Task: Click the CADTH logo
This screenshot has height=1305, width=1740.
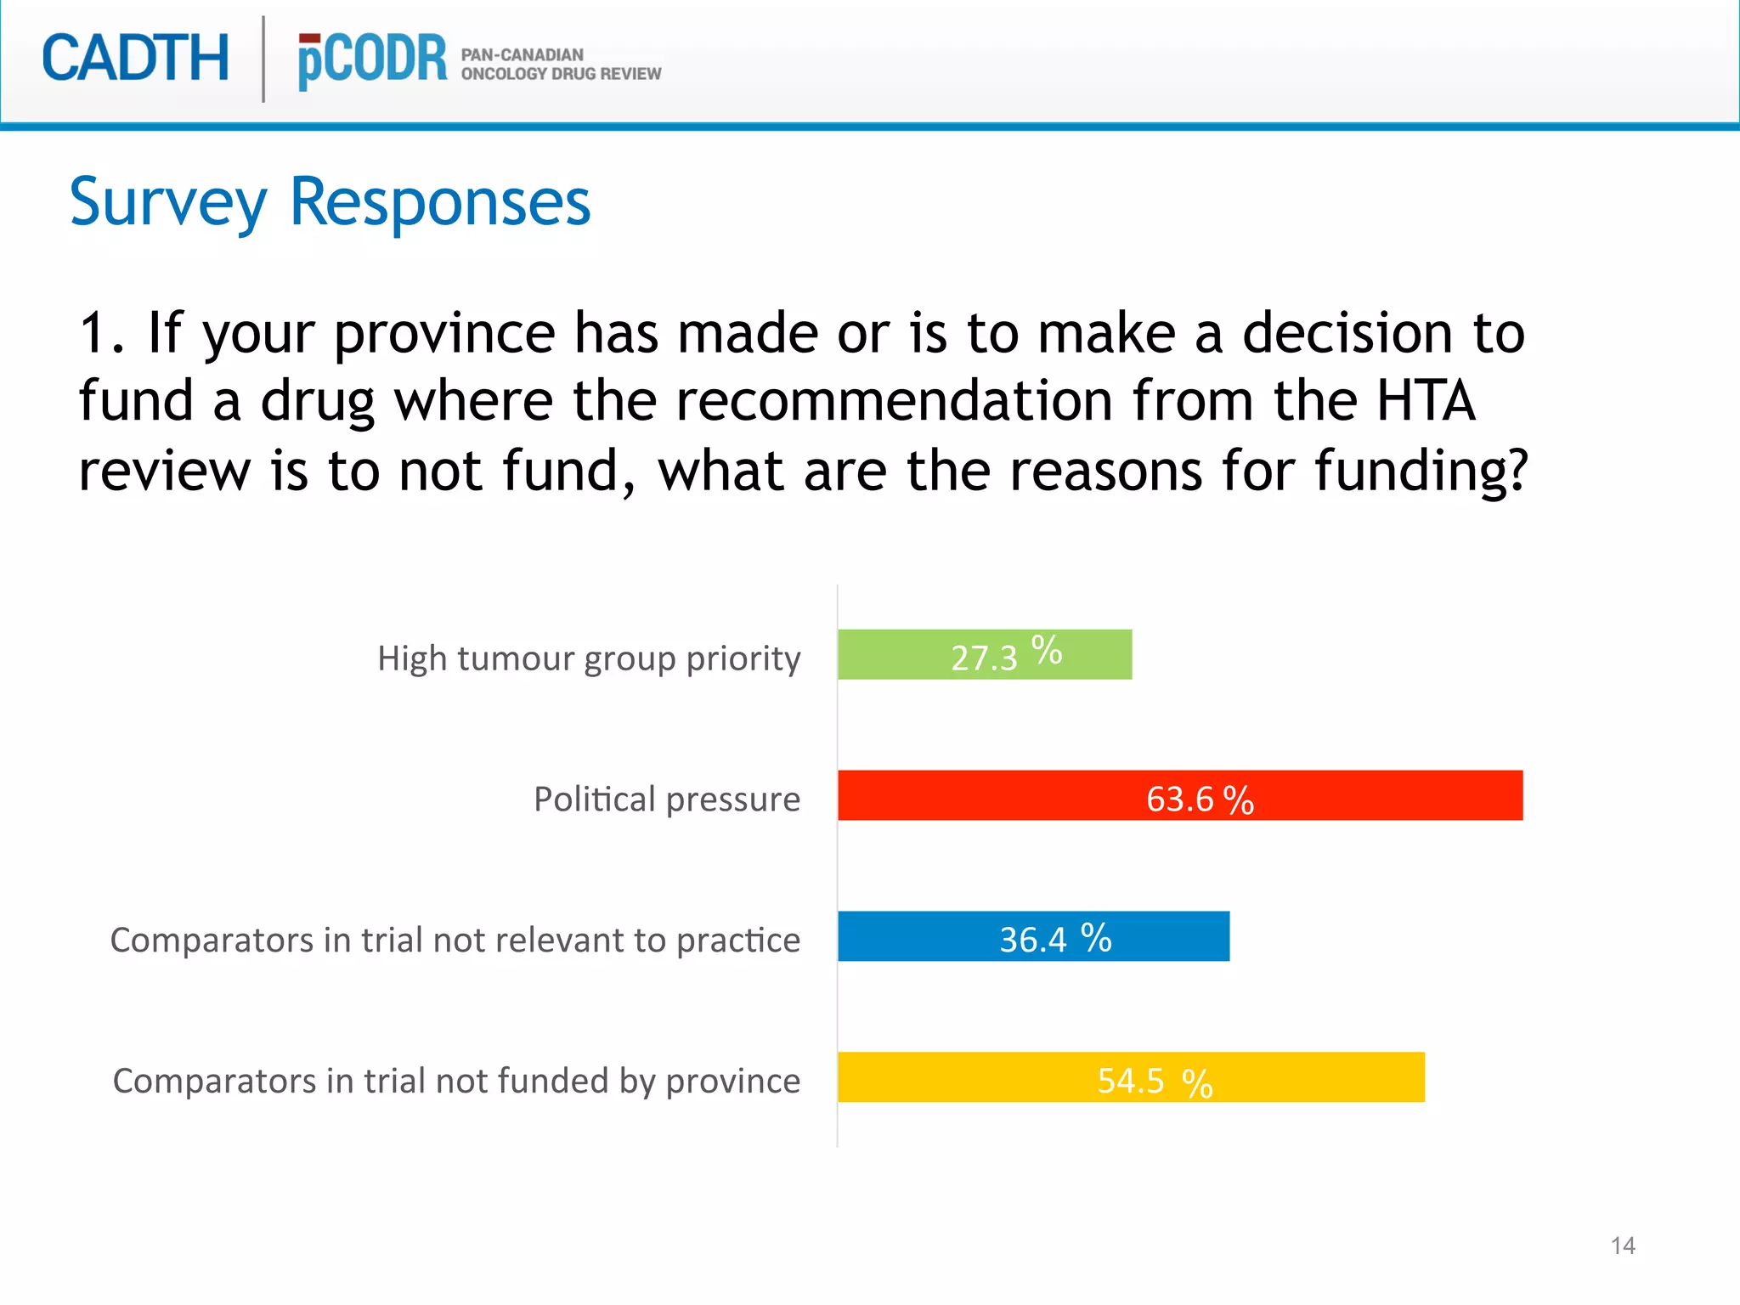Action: pos(136,59)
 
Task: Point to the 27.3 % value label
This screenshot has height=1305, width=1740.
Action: pos(1006,655)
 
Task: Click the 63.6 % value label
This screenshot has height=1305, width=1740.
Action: pos(1200,799)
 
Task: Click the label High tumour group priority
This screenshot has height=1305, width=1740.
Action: pos(589,658)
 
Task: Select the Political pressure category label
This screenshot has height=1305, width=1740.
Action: pos(667,799)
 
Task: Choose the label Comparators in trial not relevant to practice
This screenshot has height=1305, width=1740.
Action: pos(455,941)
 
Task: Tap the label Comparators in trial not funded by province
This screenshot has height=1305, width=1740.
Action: pos(456,1082)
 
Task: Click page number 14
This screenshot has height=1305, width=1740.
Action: pos(1623,1246)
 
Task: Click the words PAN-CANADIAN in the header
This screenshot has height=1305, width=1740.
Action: pos(522,54)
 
